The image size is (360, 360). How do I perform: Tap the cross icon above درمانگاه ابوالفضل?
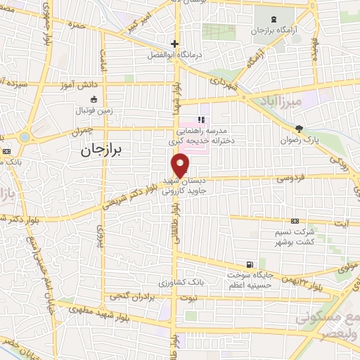click(x=174, y=44)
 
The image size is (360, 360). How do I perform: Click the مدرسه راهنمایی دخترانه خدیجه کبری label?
click(x=211, y=136)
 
